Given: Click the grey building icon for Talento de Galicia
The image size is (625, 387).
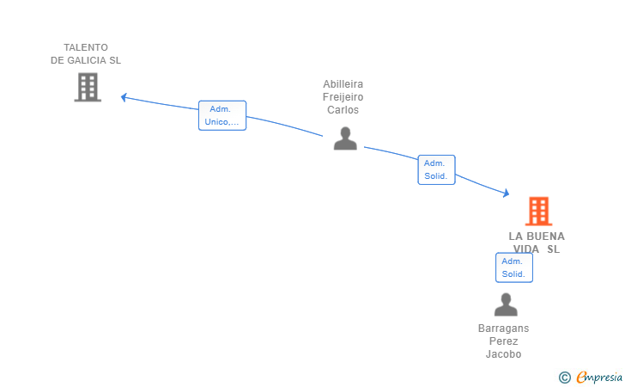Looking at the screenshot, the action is (x=88, y=87).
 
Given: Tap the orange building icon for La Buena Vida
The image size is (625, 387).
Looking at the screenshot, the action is (x=538, y=211).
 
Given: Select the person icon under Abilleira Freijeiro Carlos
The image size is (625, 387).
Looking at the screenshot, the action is (x=345, y=138).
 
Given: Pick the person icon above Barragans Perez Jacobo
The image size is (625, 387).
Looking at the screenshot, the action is (x=506, y=304).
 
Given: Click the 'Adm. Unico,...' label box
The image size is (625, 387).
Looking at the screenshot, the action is (x=222, y=115).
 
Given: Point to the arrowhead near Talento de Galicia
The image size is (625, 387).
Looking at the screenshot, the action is (x=124, y=97).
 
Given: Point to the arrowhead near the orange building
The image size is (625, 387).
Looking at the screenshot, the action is (x=506, y=193).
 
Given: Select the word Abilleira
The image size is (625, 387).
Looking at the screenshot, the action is (x=343, y=84).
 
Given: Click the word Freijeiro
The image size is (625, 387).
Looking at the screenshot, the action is (x=343, y=97).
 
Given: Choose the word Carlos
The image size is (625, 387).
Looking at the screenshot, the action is (x=343, y=110).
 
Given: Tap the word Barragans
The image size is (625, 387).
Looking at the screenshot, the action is (x=504, y=329).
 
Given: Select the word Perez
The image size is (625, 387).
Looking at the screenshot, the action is (x=504, y=341).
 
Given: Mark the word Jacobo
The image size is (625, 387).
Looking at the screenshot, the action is (x=504, y=354).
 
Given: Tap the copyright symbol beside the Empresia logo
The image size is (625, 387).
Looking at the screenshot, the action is (x=564, y=377).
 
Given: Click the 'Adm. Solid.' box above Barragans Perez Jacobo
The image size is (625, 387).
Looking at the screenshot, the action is (x=513, y=267).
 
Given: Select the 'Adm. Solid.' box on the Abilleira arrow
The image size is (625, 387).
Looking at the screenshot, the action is (x=436, y=169).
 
